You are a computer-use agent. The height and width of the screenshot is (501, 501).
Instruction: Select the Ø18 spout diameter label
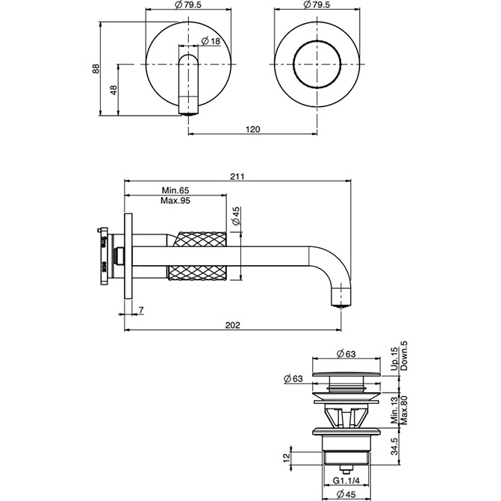210,40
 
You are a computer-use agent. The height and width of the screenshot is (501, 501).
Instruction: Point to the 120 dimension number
252,129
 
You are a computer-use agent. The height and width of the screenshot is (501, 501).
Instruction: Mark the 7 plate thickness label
140,308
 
